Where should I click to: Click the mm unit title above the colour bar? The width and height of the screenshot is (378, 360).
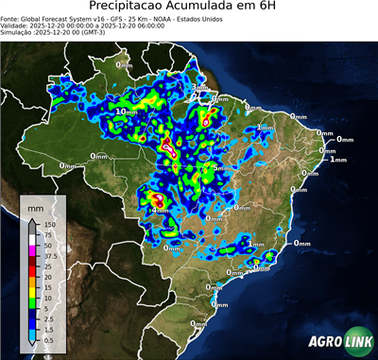(x=36, y=206)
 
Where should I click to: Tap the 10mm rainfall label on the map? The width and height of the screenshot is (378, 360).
(x=123, y=111)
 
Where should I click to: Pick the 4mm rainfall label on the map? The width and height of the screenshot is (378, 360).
(x=160, y=210)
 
